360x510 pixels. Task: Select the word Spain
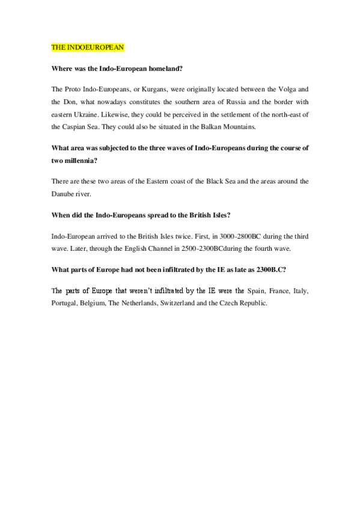point(256,290)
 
